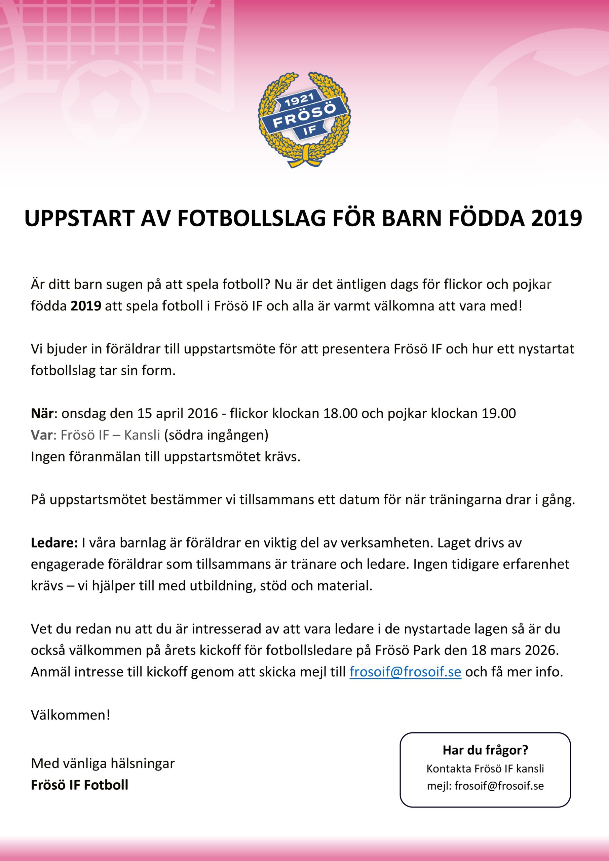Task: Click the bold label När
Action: (x=42, y=413)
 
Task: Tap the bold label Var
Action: (x=41, y=435)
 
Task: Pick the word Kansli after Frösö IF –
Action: (x=142, y=435)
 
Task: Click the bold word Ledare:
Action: (x=54, y=542)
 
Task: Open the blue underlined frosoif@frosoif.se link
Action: (x=405, y=672)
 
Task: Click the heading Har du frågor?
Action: (x=485, y=750)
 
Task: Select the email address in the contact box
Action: (x=499, y=786)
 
